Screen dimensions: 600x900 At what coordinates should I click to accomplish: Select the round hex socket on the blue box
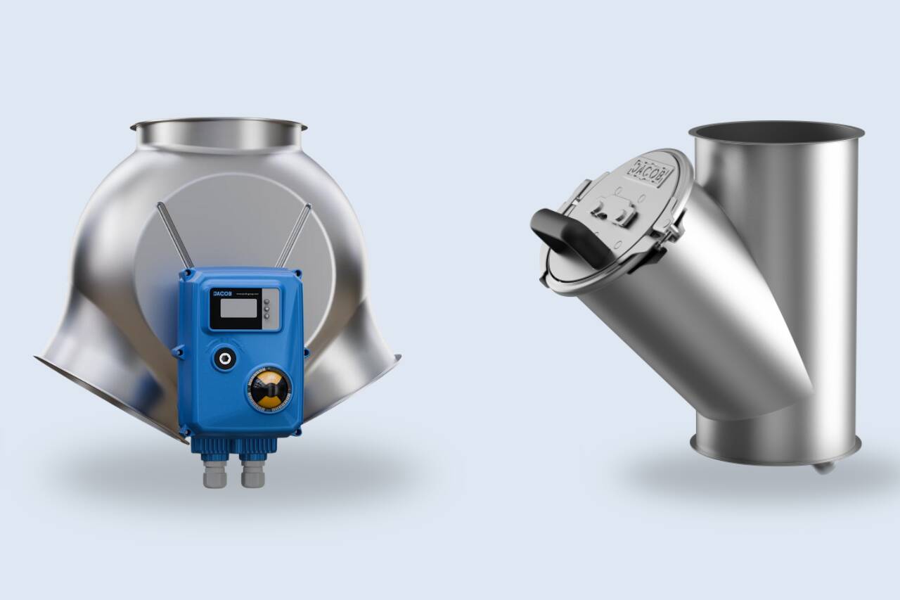click(226, 358)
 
